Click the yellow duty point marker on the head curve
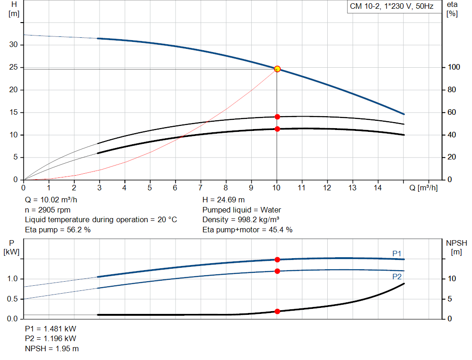click(277, 69)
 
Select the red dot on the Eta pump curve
click(277, 117)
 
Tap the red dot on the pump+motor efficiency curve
click(277, 129)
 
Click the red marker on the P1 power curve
click(277, 260)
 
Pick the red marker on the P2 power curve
click(277, 271)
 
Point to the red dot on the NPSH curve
click(277, 311)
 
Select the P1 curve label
click(397, 254)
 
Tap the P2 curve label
click(397, 277)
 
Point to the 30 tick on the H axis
click(14, 45)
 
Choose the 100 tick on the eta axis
click(453, 67)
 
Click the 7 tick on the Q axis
click(201, 188)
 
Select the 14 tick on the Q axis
click(378, 188)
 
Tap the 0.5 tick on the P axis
click(13, 299)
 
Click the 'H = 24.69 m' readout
click(224, 200)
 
